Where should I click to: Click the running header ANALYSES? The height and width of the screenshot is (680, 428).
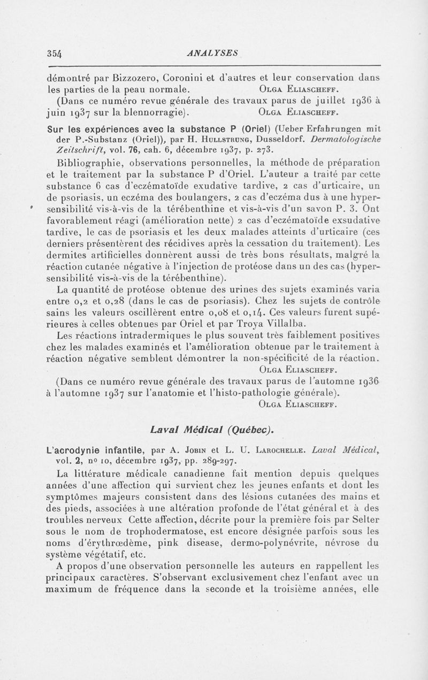213,52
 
